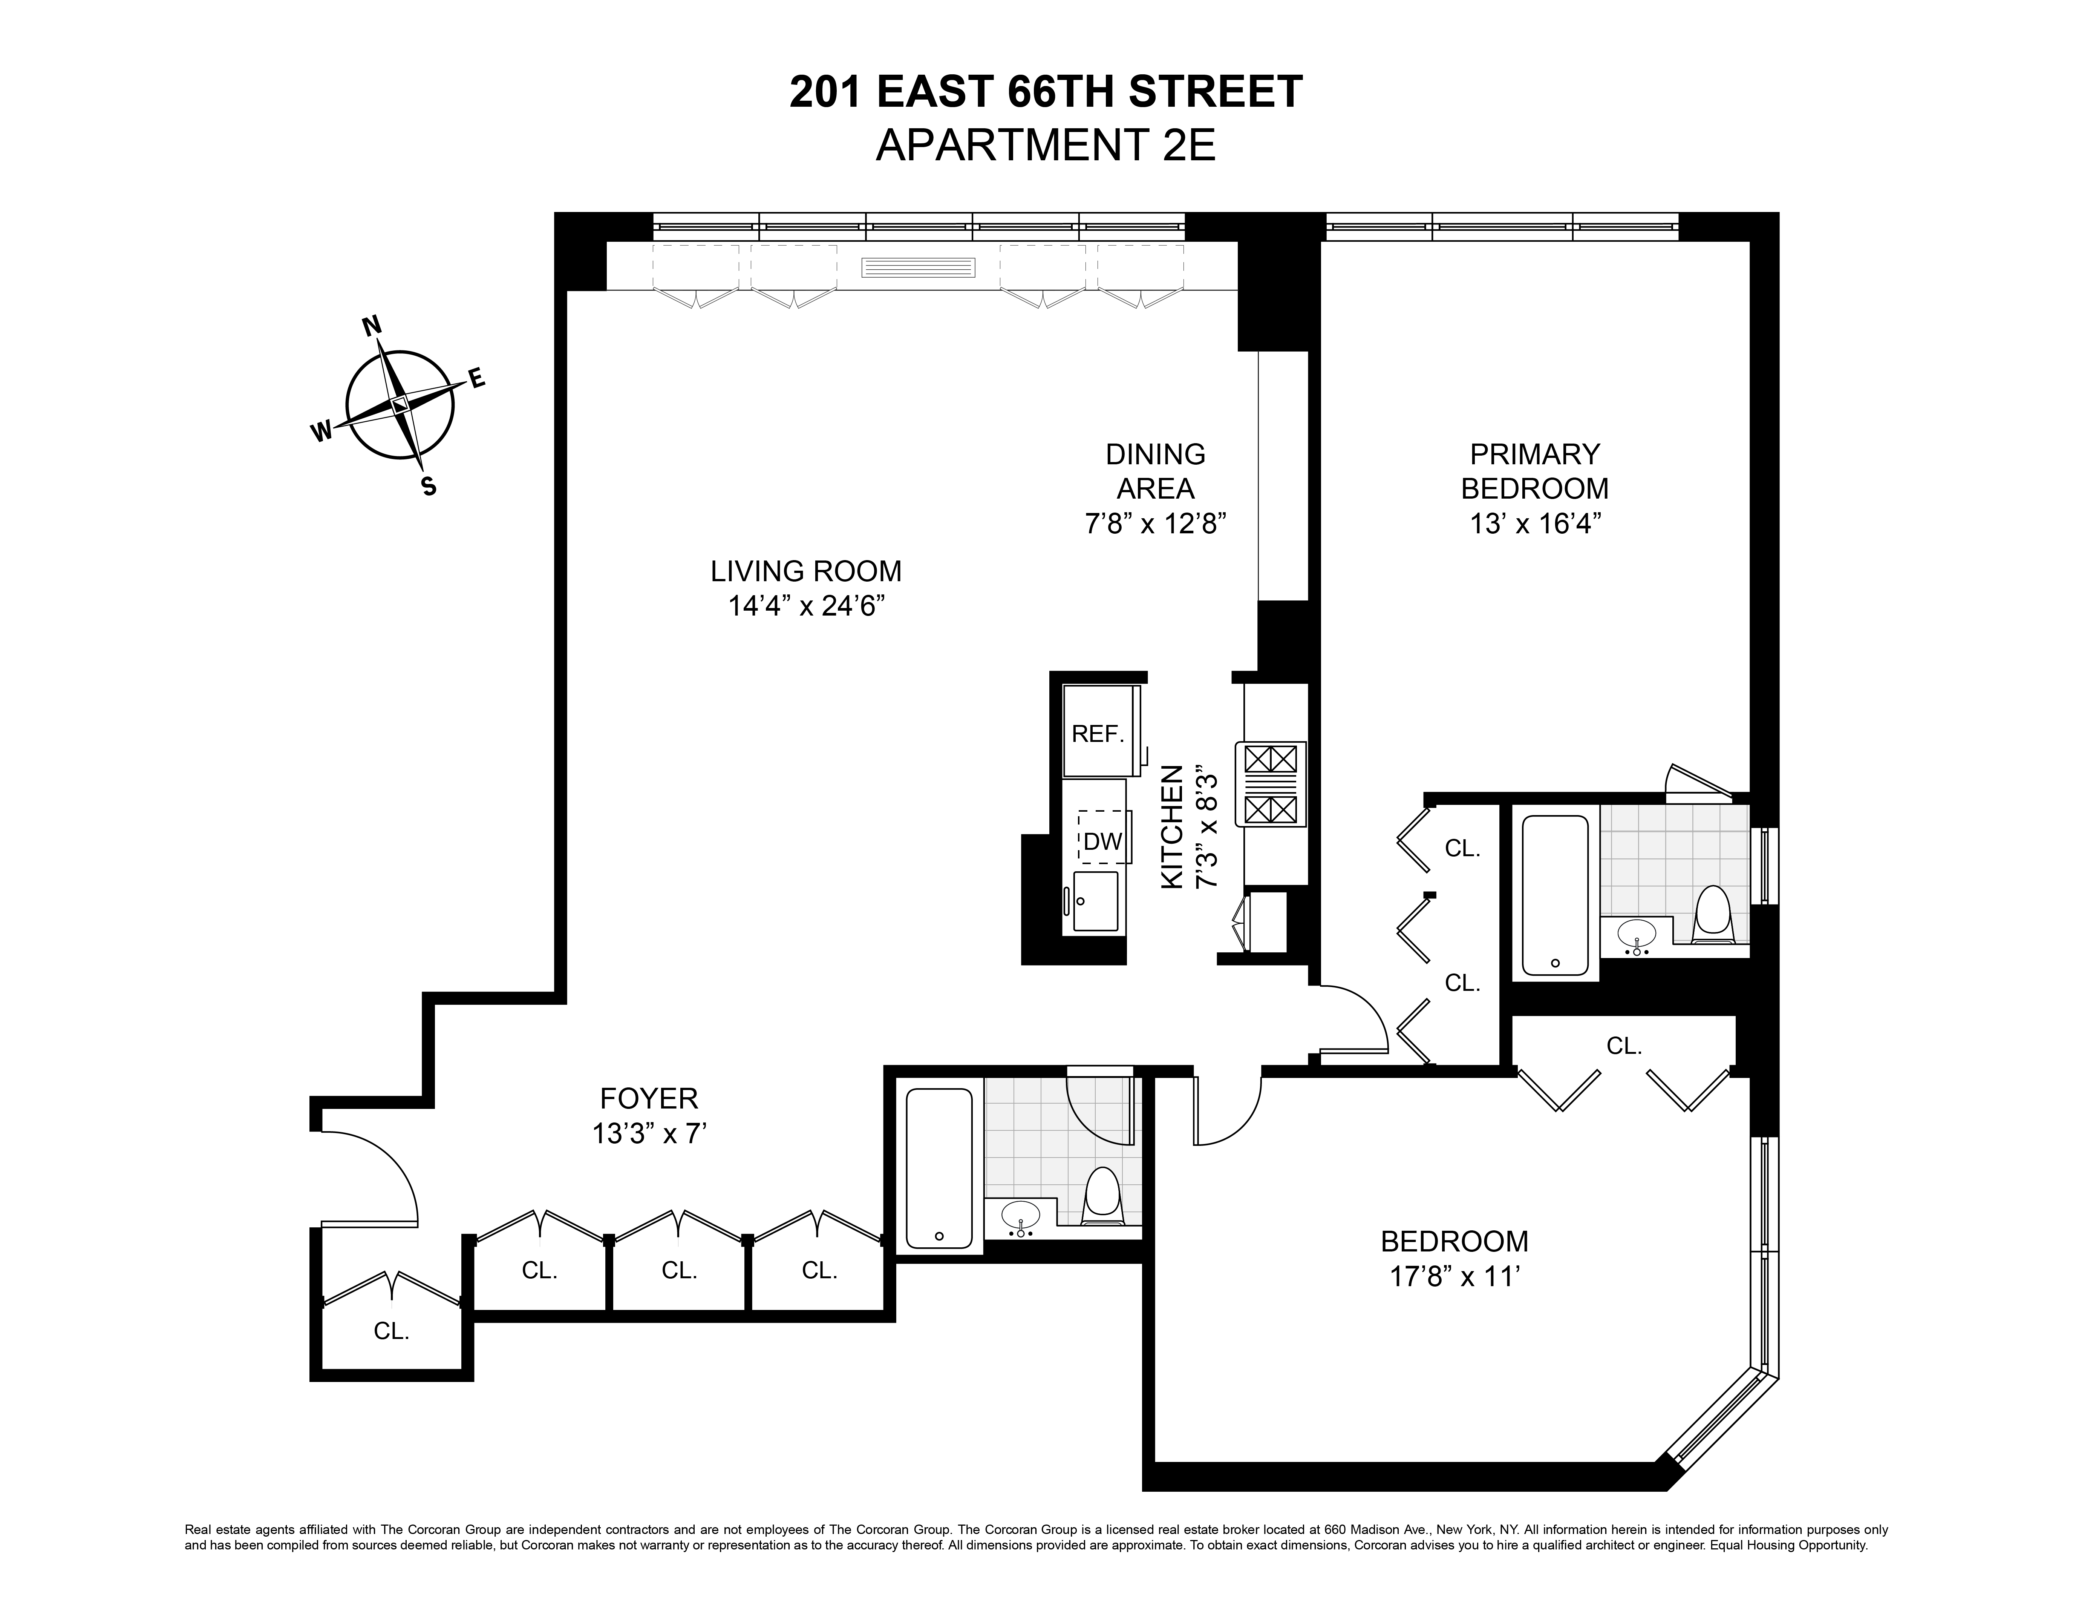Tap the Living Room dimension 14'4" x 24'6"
[x=806, y=606]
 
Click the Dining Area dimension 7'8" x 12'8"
[x=1156, y=523]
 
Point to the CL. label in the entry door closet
[x=391, y=1331]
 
